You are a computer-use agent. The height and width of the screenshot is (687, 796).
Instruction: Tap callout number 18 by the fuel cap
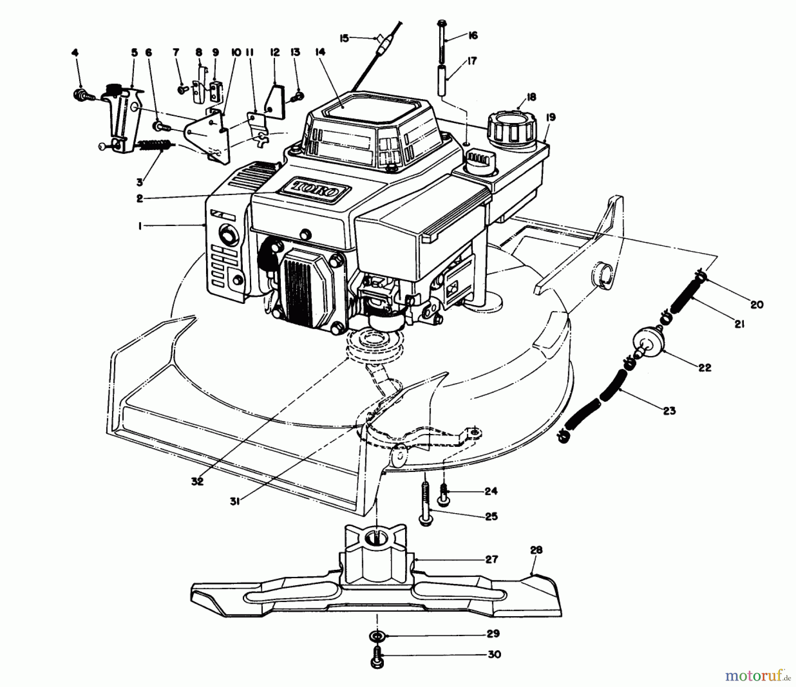pyautogui.click(x=531, y=97)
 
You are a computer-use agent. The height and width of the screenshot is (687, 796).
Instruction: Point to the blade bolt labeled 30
pyautogui.click(x=377, y=655)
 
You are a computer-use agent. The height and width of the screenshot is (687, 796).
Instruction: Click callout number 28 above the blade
pyautogui.click(x=536, y=550)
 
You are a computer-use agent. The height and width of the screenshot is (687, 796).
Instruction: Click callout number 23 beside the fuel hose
pyautogui.click(x=670, y=411)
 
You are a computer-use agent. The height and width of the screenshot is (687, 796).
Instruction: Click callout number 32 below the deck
pyautogui.click(x=197, y=481)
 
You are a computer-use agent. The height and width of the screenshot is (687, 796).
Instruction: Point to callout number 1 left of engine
pyautogui.click(x=140, y=226)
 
